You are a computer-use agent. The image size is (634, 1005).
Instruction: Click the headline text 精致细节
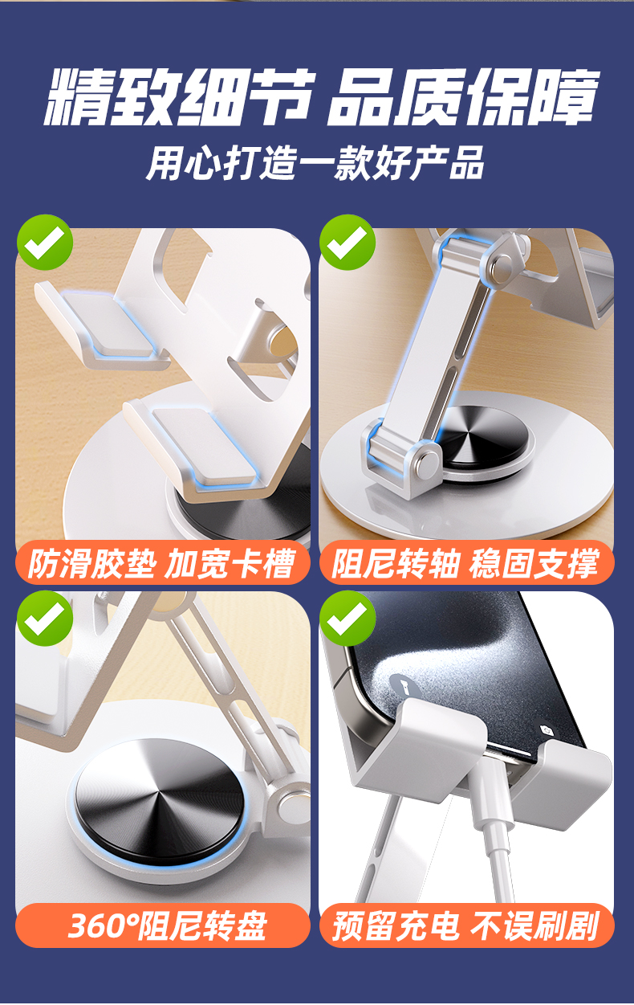point(178,97)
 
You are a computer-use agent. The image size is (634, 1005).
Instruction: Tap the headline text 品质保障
point(462,97)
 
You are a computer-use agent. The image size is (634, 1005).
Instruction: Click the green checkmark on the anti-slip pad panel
point(45,243)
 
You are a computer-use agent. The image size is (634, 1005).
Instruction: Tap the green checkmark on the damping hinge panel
point(347,243)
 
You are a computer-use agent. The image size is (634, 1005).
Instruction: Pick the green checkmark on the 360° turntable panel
point(45,619)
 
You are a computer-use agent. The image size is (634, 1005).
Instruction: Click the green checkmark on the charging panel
point(347,619)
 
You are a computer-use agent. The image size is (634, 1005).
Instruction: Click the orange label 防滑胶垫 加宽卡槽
point(163,563)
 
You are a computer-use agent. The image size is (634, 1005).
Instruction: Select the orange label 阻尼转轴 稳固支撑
point(466,563)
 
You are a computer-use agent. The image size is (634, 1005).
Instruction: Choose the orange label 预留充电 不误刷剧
point(466,926)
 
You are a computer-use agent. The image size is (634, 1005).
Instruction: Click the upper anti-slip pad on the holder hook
point(108,323)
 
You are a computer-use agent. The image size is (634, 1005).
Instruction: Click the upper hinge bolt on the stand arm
point(502,268)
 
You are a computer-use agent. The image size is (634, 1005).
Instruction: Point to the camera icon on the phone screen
point(547,730)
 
